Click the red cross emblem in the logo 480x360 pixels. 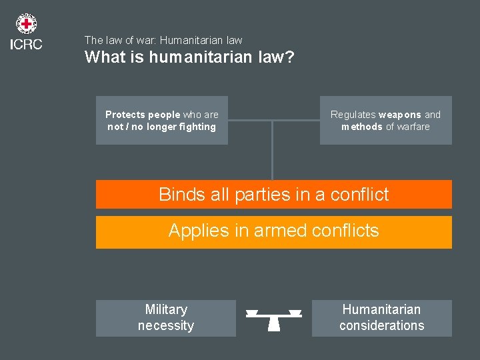(x=26, y=25)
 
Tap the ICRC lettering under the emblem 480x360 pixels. (x=26, y=45)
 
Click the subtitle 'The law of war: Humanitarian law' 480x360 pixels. (x=163, y=41)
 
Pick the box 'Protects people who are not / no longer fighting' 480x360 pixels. (x=162, y=121)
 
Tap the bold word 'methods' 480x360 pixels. (x=362, y=127)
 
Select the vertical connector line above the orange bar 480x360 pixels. (x=272, y=150)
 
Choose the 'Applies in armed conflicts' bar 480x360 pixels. (x=273, y=231)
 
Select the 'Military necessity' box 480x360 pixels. (x=166, y=318)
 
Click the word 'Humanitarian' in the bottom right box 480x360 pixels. (x=381, y=309)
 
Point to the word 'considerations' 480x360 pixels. (x=381, y=326)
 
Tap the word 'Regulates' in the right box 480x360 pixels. (x=353, y=115)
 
